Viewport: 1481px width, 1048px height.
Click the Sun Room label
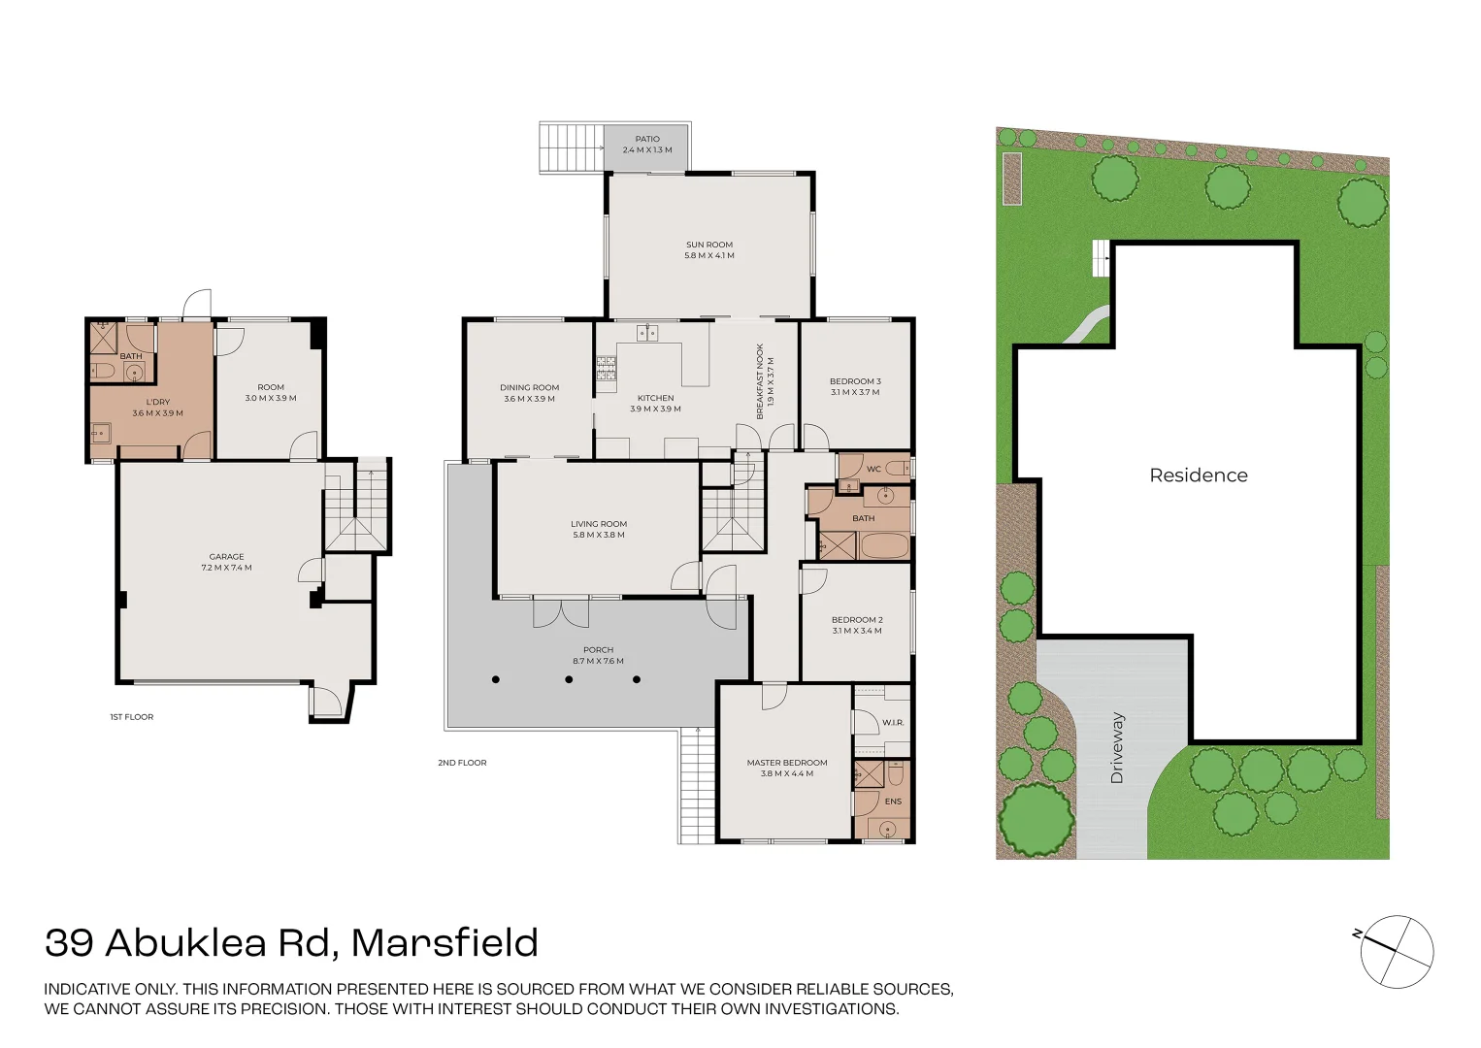(x=709, y=245)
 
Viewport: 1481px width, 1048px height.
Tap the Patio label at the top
(x=647, y=139)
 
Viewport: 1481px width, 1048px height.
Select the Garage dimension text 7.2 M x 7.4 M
(x=226, y=568)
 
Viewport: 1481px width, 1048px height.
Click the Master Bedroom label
(x=787, y=763)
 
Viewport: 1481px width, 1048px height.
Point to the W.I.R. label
(x=893, y=723)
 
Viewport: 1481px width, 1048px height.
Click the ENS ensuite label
(x=893, y=802)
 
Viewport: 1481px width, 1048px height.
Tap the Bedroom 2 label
(x=857, y=620)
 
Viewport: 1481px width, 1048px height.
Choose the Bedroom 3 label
(x=855, y=381)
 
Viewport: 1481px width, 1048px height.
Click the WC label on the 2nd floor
(x=873, y=469)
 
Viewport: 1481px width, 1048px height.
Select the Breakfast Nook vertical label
(x=760, y=380)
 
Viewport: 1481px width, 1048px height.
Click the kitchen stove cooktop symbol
(x=606, y=368)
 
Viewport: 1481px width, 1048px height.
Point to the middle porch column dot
(x=568, y=679)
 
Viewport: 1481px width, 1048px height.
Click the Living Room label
(x=599, y=524)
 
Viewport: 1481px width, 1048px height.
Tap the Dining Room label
(x=529, y=387)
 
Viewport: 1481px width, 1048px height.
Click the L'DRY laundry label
(x=158, y=402)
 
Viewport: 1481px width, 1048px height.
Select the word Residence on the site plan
(x=1199, y=475)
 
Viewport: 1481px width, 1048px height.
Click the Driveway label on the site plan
(x=1117, y=747)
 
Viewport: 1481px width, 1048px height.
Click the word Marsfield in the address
(x=444, y=943)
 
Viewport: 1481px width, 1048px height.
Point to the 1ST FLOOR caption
(x=131, y=717)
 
